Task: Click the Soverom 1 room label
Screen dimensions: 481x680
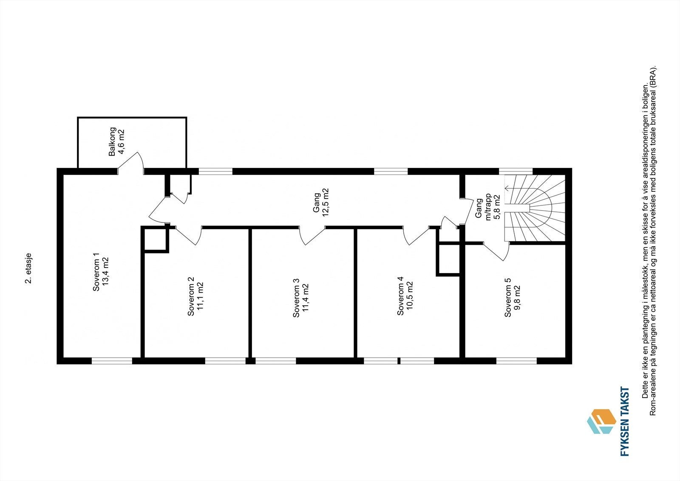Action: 96,272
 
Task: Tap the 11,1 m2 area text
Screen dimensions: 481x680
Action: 200,296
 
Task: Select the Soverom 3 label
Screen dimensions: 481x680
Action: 296,298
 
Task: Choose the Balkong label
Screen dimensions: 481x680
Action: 112,142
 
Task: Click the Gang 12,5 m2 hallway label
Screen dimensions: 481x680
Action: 321,202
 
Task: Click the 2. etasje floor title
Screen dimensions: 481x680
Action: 28,268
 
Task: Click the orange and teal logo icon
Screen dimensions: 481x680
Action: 601,421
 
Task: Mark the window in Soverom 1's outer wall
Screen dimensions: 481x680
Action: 112,361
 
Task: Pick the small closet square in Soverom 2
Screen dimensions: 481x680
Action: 155,240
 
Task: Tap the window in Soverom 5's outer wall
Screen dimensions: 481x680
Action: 516,361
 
